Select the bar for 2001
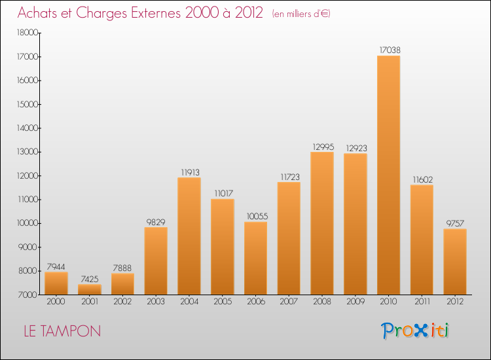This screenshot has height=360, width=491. pyautogui.click(x=89, y=289)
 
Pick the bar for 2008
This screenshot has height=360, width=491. pyautogui.click(x=322, y=223)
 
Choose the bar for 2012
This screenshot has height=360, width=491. pyautogui.click(x=455, y=261)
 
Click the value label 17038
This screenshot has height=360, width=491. pyautogui.click(x=388, y=49)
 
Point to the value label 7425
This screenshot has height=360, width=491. pyautogui.click(x=89, y=278)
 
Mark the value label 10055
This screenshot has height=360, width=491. pyautogui.click(x=255, y=216)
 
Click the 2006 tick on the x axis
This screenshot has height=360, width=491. pyautogui.click(x=255, y=302)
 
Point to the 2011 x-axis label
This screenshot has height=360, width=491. pyautogui.click(x=422, y=302)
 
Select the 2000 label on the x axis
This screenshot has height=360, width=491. pyautogui.click(x=56, y=302)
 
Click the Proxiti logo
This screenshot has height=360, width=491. pyautogui.click(x=416, y=331)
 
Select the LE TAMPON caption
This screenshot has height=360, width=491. pyautogui.click(x=62, y=331)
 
